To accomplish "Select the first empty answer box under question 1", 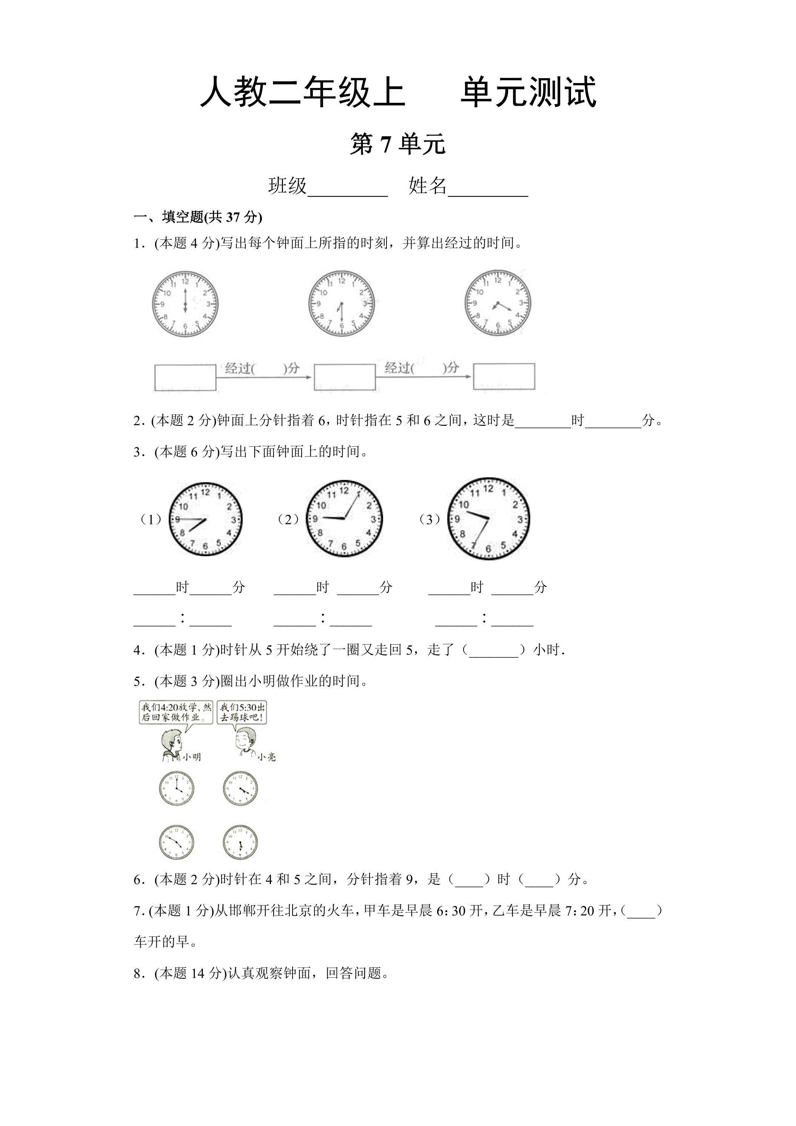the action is [185, 377].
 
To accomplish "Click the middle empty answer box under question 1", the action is [345, 377].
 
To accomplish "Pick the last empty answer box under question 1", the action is [504, 376].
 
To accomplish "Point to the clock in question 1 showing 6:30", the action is [342, 304].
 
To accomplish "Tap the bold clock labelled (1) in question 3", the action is [205, 519].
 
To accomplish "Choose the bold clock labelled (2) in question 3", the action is [344, 519].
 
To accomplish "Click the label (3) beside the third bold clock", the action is [430, 519].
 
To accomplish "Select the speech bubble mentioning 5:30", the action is [242, 713].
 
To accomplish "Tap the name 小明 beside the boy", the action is [192, 757].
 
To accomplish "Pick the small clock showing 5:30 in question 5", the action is [240, 843].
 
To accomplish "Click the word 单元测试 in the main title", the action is [528, 92].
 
